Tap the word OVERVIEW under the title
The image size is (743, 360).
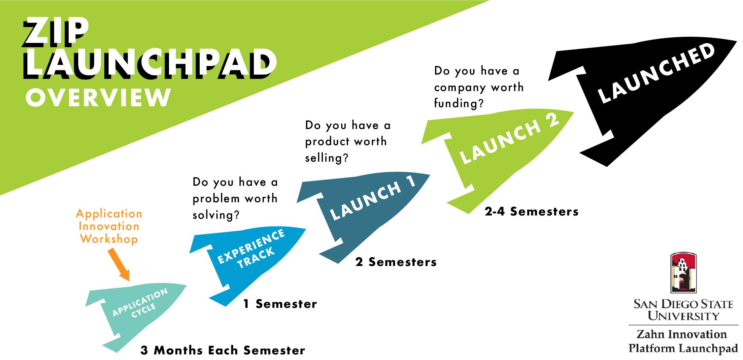(x=98, y=97)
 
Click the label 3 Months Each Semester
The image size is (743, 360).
(x=223, y=350)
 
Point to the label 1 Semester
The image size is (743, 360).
(x=280, y=304)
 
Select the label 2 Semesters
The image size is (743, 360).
(x=396, y=262)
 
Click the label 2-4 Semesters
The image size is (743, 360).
(x=531, y=212)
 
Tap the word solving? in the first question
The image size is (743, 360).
(x=216, y=215)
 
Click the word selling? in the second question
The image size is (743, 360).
(x=326, y=158)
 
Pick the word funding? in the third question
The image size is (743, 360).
(x=459, y=104)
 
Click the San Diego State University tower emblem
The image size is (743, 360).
(x=683, y=273)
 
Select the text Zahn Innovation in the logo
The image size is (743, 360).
(x=682, y=334)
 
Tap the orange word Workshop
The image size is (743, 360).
(x=109, y=239)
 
